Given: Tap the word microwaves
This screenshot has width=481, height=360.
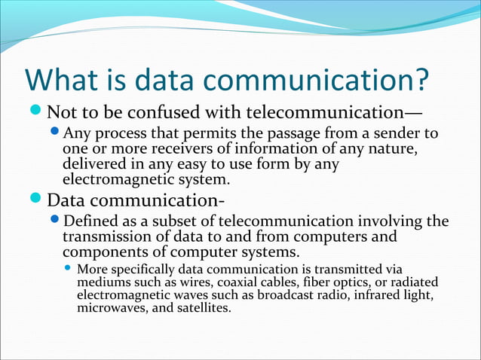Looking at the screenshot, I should coord(108,308).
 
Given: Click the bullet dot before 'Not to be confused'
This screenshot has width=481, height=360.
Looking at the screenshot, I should coord(36,114).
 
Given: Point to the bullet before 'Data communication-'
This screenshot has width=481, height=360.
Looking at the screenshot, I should coord(36,201).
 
